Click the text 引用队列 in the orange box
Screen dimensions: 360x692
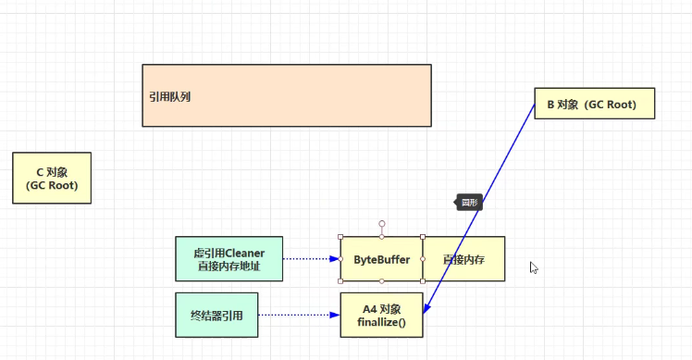point(170,96)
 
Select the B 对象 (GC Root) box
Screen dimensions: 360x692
point(594,105)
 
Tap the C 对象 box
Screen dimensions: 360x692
point(52,177)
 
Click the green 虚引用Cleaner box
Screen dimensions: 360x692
point(229,259)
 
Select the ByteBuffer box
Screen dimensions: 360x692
point(381,259)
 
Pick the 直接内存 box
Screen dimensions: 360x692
point(463,259)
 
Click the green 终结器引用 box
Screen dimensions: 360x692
point(216,315)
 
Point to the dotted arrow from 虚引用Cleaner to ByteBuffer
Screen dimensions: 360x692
point(311,259)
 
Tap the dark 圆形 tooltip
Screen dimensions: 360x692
point(469,203)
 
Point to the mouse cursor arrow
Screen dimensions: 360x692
point(533,267)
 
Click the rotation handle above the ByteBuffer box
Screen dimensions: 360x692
point(381,223)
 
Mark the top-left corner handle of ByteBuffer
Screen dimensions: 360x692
point(340,237)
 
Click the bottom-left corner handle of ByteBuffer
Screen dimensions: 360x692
point(340,281)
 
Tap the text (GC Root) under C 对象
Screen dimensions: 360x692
point(52,185)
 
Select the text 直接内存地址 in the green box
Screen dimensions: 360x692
point(229,267)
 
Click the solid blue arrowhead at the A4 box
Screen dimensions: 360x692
point(425,310)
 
